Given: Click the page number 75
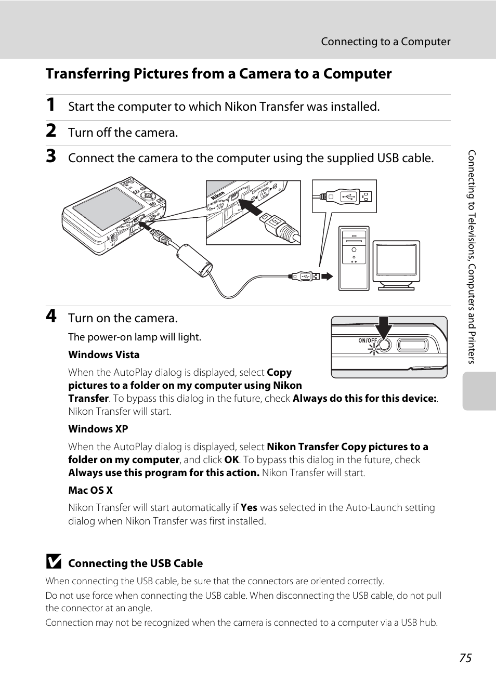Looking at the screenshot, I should (465, 658).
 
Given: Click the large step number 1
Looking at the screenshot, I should (50, 104).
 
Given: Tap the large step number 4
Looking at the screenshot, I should (51, 316).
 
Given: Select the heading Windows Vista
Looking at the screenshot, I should (104, 355).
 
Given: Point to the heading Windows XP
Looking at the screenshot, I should (98, 429).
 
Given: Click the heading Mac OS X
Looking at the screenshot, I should (90, 491).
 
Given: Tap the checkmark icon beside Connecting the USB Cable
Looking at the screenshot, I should (54, 562).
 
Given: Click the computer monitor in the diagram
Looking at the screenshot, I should (396, 264).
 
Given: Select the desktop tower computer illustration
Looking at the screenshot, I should (354, 258).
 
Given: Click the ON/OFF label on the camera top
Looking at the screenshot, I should (368, 341).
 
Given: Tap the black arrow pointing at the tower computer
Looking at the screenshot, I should (327, 277).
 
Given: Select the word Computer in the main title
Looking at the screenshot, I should (358, 74).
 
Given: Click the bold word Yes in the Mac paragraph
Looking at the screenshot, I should (249, 508).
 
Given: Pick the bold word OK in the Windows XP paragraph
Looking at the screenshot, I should (231, 460).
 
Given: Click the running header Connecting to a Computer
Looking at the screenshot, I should (385, 42).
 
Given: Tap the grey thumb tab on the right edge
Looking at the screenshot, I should (479, 391).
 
